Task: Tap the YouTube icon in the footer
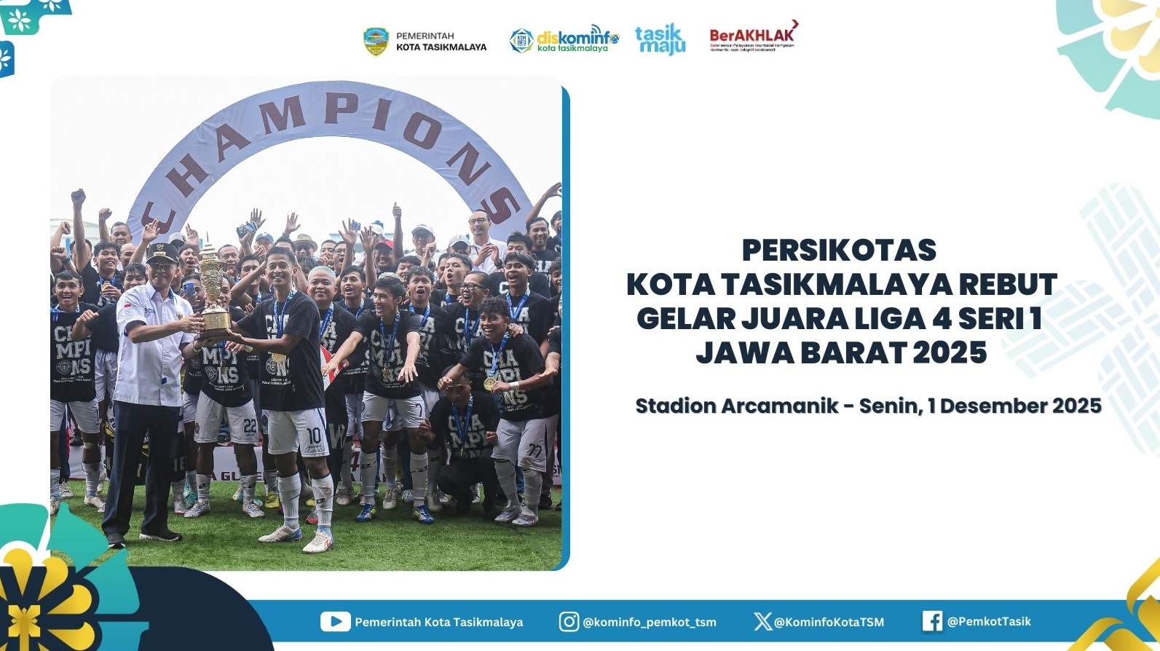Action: tap(335, 621)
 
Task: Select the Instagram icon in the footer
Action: tap(569, 621)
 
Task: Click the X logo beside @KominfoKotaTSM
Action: tap(762, 621)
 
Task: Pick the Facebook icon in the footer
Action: tap(932, 621)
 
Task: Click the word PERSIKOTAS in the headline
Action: tap(839, 250)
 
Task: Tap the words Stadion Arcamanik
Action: tap(736, 406)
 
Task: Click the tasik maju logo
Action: tap(660, 39)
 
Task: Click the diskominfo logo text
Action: tap(577, 39)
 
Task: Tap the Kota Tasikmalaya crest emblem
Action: tap(376, 42)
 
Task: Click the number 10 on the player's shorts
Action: tap(313, 435)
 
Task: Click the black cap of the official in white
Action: tap(162, 252)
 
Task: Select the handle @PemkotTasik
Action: tap(989, 621)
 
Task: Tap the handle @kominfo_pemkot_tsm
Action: tap(650, 622)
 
